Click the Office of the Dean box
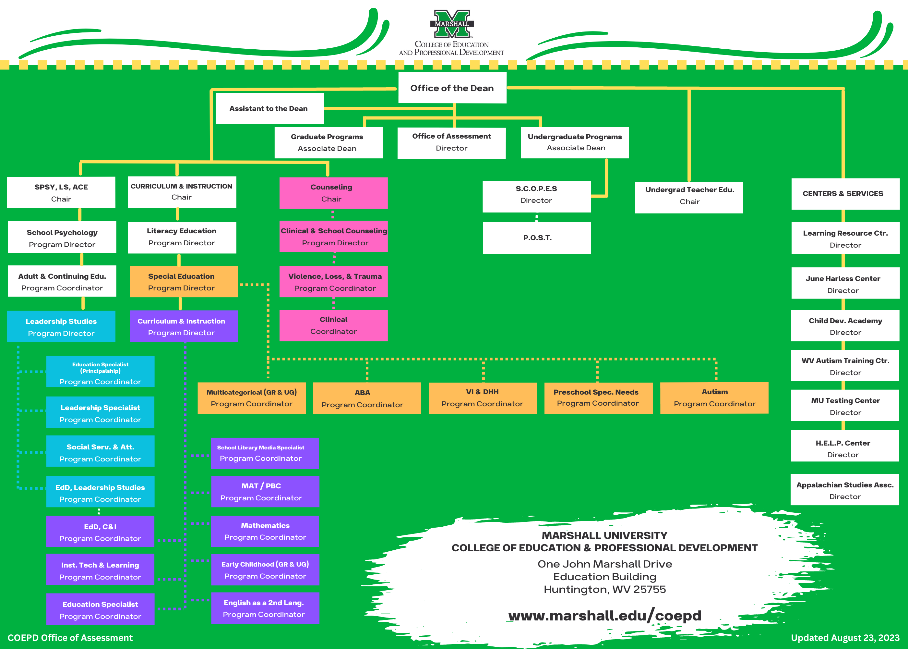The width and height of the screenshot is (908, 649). [452, 88]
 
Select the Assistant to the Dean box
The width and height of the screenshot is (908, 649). [269, 108]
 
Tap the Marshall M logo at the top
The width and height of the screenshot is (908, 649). [452, 24]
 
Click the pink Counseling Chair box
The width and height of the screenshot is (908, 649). [333, 193]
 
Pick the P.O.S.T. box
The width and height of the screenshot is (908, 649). [537, 238]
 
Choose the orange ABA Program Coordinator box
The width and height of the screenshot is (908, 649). [367, 398]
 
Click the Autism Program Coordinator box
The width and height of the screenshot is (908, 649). [714, 398]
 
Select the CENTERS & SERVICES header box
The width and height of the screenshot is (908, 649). [845, 194]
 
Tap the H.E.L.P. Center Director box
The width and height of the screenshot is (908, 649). [845, 446]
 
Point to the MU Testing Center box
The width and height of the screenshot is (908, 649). [845, 405]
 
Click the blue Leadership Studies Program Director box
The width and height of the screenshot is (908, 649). [61, 326]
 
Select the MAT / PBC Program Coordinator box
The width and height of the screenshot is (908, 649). [265, 492]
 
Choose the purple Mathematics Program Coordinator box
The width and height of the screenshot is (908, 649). [265, 532]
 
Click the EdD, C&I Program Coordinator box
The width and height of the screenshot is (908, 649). [100, 532]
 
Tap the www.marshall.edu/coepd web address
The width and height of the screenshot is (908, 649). [604, 616]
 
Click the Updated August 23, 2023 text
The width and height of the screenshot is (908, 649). [845, 638]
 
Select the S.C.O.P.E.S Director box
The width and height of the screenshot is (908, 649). [537, 197]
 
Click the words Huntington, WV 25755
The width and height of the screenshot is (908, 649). [604, 590]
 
